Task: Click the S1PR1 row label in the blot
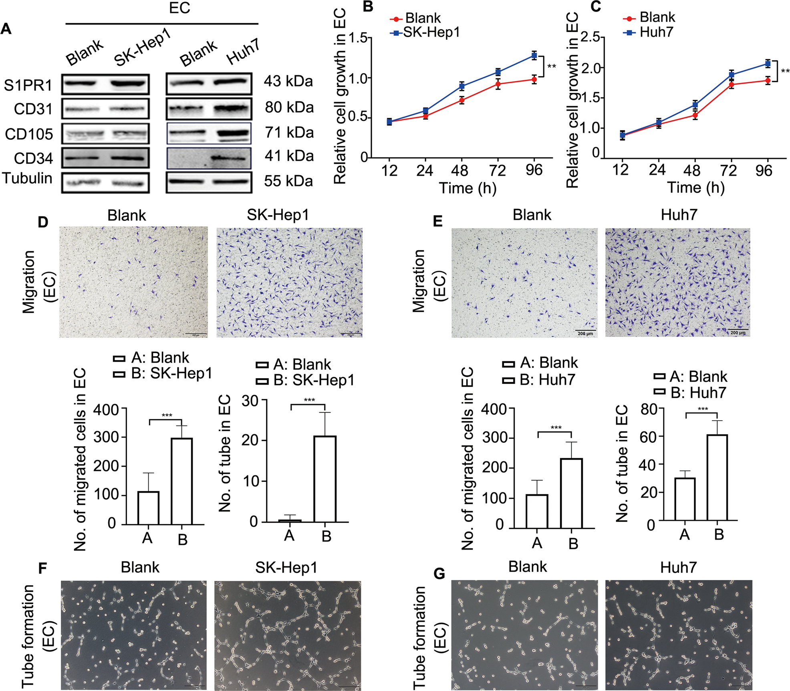(28, 85)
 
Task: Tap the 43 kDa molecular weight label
(288, 81)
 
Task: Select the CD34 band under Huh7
(228, 158)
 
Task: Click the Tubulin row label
(27, 178)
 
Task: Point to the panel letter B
(368, 7)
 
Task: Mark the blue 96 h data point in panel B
(534, 55)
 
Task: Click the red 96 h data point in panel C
(767, 81)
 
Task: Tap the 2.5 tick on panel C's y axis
(590, 38)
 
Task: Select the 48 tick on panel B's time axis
(459, 171)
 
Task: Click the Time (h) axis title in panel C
(695, 187)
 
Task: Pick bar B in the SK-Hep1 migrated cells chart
(182, 481)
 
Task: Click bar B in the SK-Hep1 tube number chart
(325, 479)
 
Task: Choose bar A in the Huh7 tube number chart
(685, 499)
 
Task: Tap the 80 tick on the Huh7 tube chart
(649, 409)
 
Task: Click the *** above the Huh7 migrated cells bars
(556, 428)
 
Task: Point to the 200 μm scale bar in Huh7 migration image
(738, 332)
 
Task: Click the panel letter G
(439, 574)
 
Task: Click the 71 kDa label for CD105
(289, 133)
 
